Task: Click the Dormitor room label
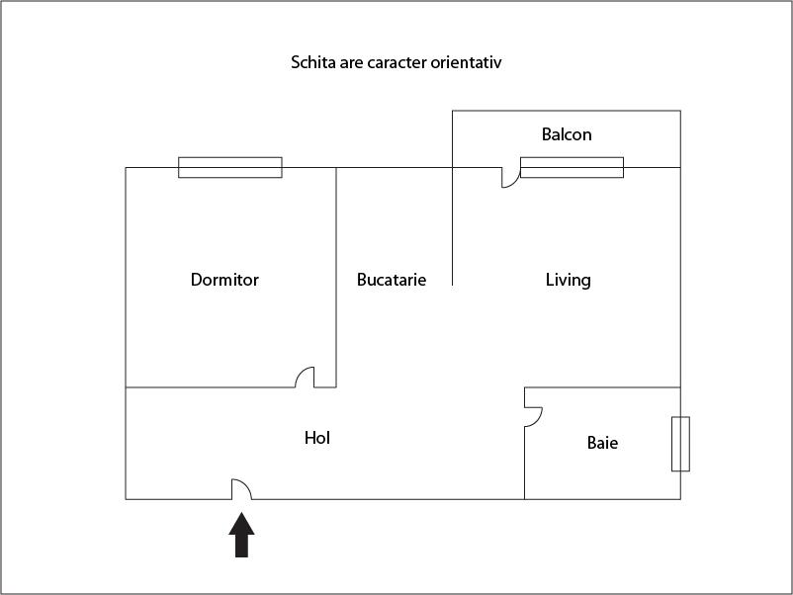pos(224,280)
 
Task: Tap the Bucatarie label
pos(392,280)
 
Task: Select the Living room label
pos(569,280)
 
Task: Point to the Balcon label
pos(567,134)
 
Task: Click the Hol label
pos(317,437)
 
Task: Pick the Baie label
pos(602,443)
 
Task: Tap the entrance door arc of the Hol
pos(241,489)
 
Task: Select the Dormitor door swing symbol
pos(306,378)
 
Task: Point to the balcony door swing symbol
pos(510,178)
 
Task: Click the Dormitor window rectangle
pos(230,167)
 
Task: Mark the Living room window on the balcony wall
pos(572,167)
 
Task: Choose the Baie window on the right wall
pos(680,444)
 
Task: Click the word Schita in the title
pos(311,62)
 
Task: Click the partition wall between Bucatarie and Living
pos(452,227)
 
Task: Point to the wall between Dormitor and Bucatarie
pos(336,277)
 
